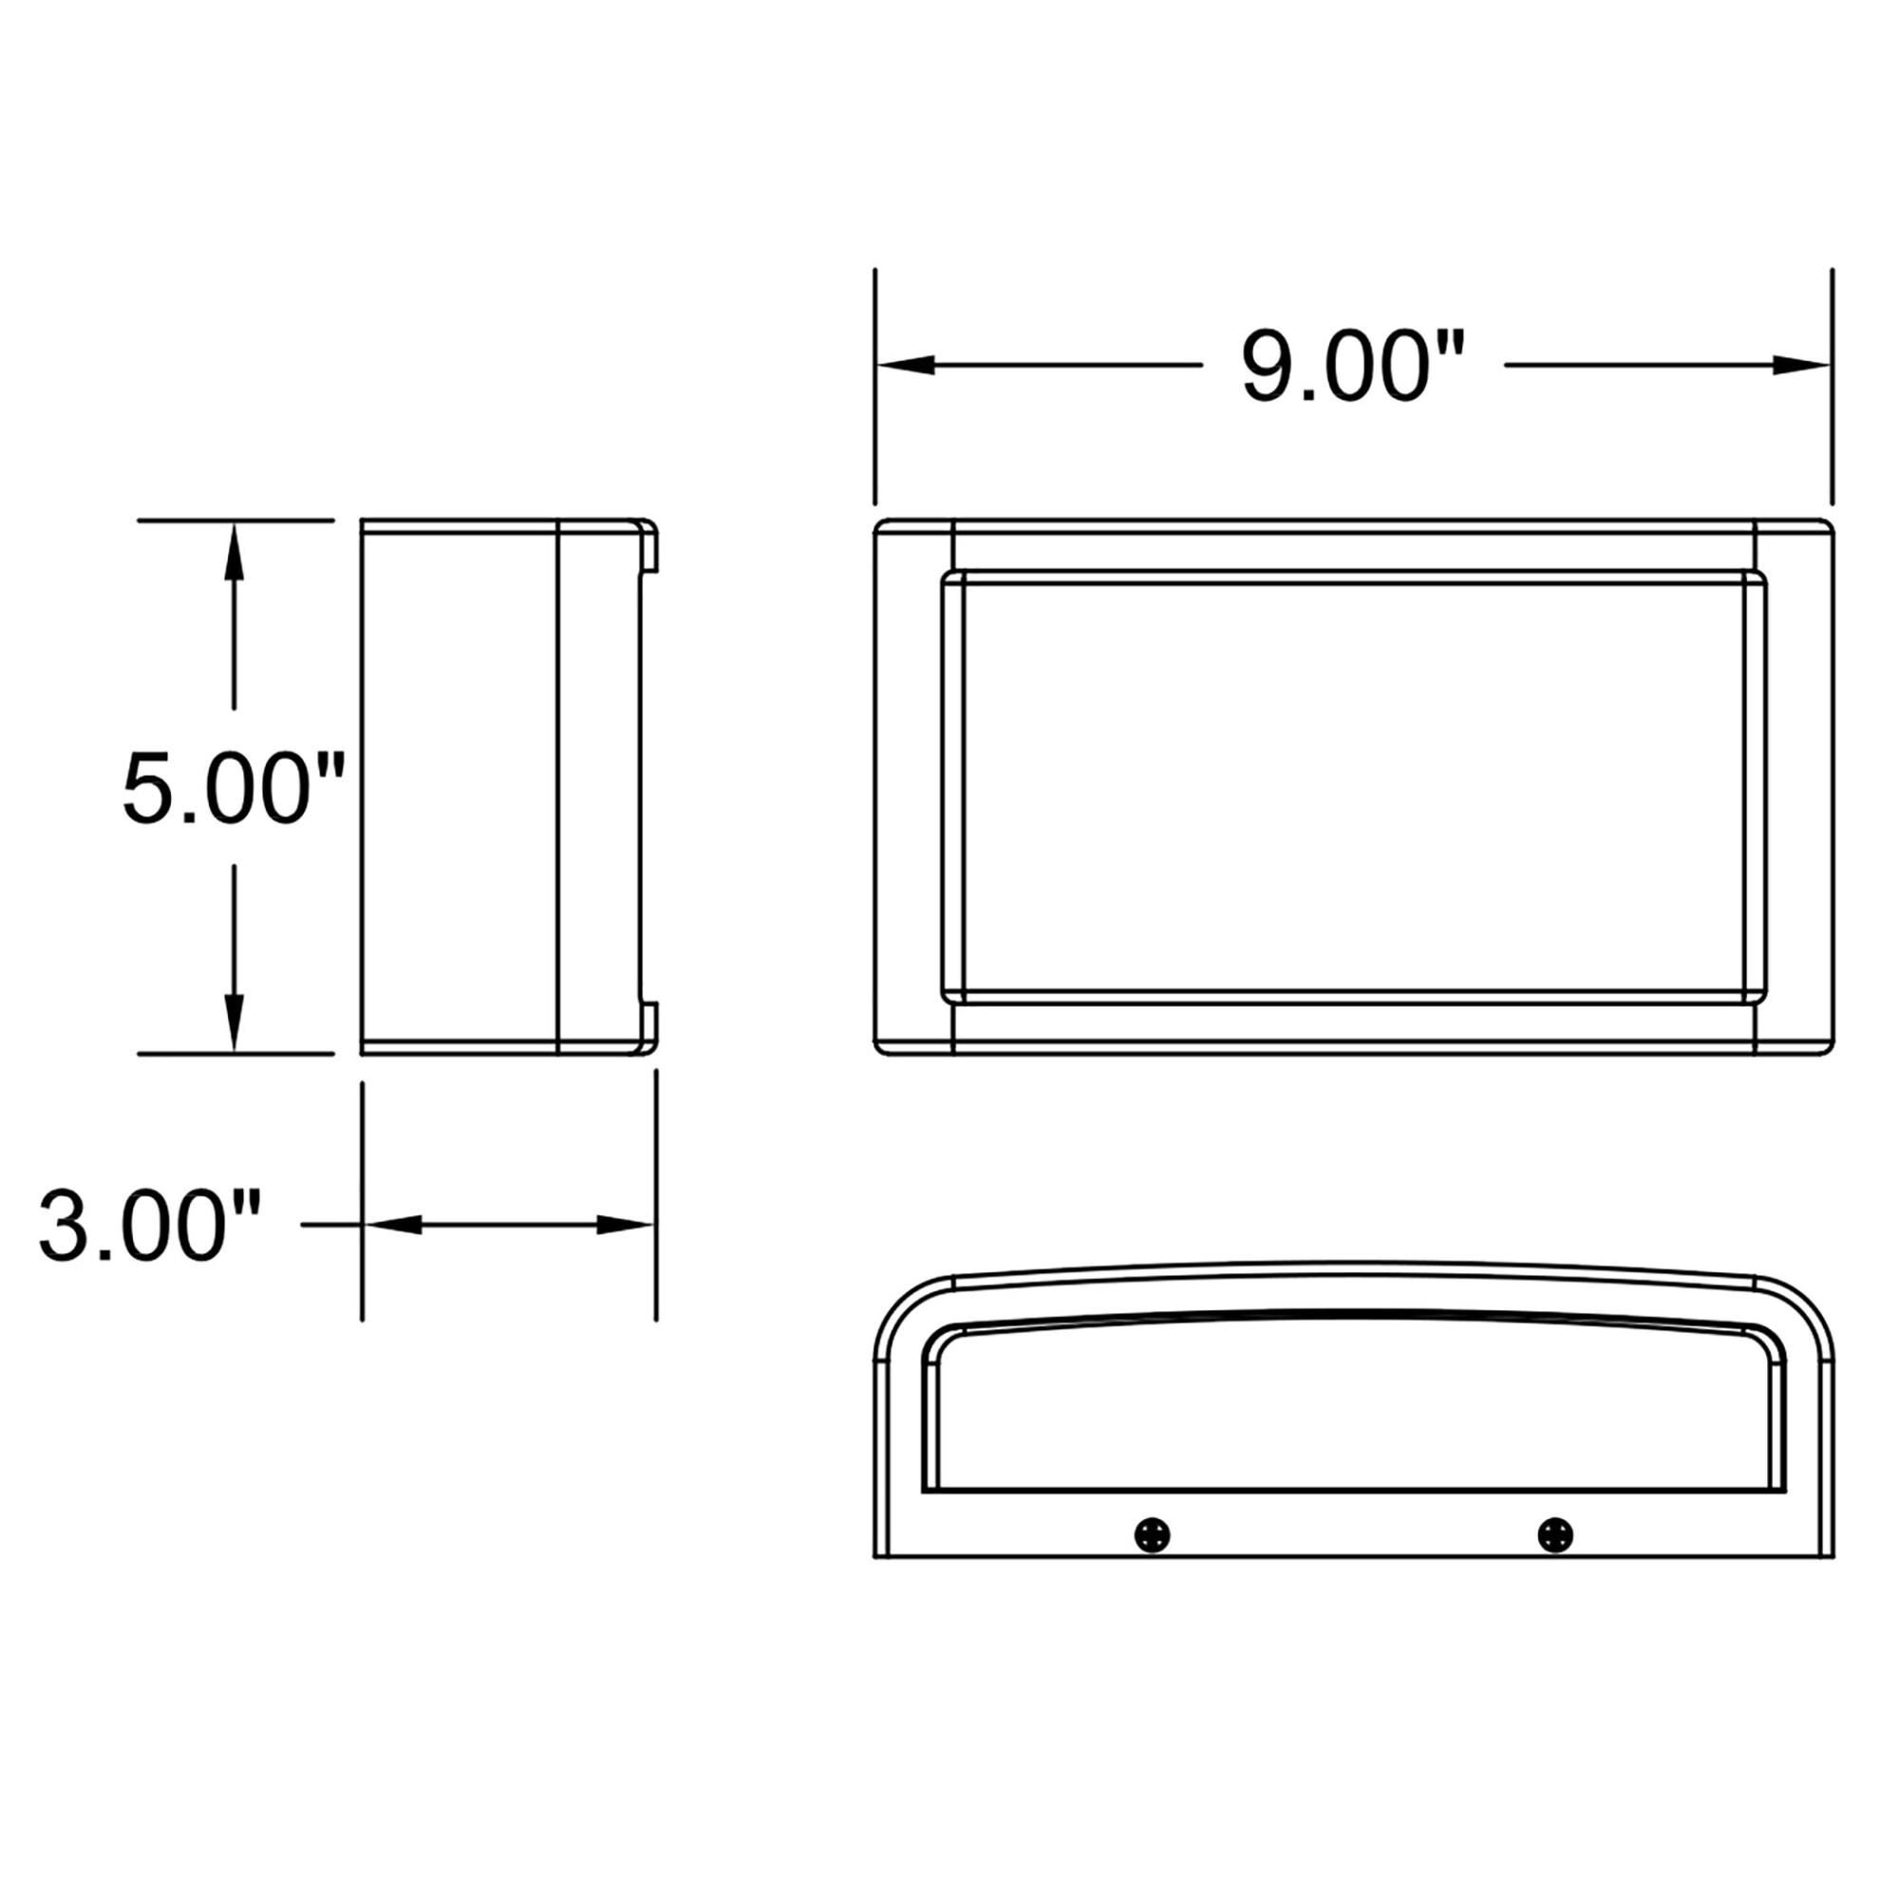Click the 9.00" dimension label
click(x=1352, y=366)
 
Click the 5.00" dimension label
click(x=234, y=789)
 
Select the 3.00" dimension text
click(x=149, y=1225)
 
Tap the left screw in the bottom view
click(x=1151, y=1534)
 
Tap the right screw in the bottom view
click(x=1555, y=1534)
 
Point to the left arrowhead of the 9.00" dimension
click(x=904, y=366)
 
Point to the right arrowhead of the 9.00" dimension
click(x=1803, y=366)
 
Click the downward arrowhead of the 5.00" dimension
click(x=234, y=1023)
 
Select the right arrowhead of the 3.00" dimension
click(x=625, y=1225)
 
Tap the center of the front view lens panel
click(x=1352, y=788)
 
